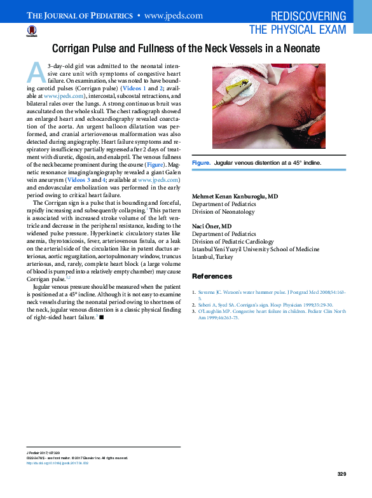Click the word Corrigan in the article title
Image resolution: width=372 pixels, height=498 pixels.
[74, 48]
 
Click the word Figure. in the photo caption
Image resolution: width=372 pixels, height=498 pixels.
[201, 163]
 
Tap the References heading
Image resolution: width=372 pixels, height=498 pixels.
[212, 277]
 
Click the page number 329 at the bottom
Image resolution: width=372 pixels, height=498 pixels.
[341, 474]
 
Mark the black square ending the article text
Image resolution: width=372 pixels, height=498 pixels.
[101, 317]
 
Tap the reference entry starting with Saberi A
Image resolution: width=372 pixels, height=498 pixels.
[254, 305]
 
